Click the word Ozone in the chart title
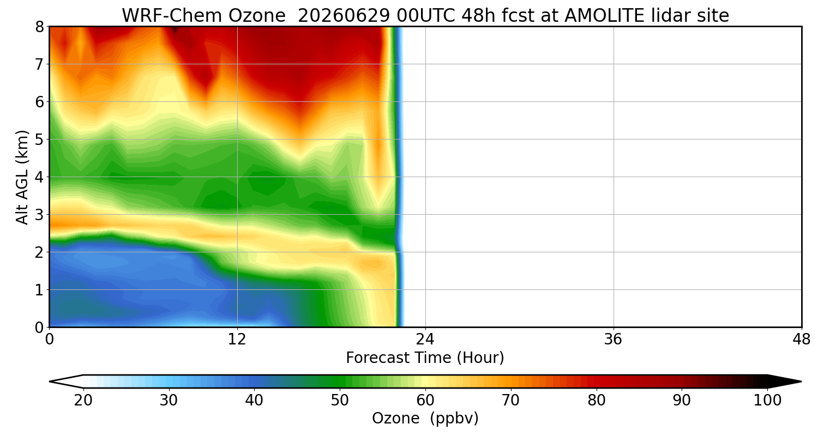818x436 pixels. point(257,16)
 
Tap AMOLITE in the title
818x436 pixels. point(604,16)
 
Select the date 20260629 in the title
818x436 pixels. point(344,16)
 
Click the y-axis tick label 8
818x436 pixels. point(39,27)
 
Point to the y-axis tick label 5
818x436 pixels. point(39,140)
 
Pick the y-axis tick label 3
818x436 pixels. point(39,215)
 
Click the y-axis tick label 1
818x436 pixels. point(39,290)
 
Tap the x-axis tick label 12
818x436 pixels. point(237,340)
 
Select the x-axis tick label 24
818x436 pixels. point(425,340)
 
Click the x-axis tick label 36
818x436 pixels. point(613,340)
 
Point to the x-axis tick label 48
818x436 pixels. point(801,340)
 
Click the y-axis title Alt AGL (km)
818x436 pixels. point(22,177)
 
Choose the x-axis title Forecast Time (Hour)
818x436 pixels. point(425,358)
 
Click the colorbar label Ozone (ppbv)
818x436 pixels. point(425,419)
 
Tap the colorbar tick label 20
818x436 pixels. point(83,401)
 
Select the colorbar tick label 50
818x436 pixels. point(340,401)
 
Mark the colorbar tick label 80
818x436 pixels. point(597,401)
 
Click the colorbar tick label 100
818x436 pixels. point(768,401)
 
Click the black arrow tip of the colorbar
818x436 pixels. point(801,381)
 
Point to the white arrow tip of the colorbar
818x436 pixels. point(50,381)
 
